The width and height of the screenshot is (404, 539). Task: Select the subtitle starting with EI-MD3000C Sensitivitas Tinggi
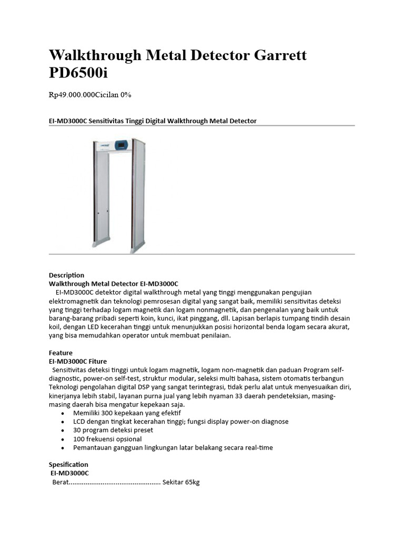pos(153,121)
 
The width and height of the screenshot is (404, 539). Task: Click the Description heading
pos(66,275)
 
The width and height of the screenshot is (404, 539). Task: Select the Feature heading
pos(60,353)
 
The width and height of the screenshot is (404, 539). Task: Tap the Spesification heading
pos(68,465)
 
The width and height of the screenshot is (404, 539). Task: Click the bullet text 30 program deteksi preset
pos(113,430)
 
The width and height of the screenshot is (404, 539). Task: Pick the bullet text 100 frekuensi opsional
pos(107,439)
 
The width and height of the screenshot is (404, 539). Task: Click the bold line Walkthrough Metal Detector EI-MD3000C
pos(114,283)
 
